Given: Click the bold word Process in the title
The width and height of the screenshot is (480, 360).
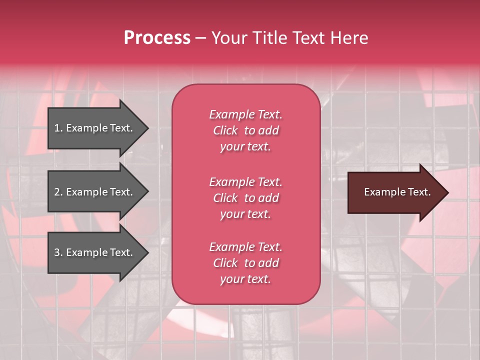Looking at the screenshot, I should coord(157,38).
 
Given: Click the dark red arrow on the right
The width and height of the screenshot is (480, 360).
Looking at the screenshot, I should coord(395,192).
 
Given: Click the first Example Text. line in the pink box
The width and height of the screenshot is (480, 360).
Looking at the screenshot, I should coord(245,114).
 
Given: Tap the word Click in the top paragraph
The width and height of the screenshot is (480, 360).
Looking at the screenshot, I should coord(225,130).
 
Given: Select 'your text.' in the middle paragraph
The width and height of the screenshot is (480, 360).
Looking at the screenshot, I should coord(245,214).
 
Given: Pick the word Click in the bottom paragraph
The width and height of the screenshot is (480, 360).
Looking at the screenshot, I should coord(225,263).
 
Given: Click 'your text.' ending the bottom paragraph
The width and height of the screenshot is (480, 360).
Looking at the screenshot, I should coord(245,279).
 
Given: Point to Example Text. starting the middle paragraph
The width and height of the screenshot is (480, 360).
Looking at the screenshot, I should coord(245,181).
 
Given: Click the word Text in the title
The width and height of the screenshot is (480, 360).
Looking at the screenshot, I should coord(307,38).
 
